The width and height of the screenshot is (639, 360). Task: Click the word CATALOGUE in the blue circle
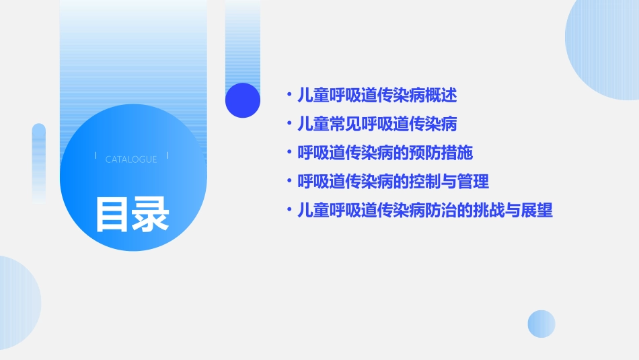[131, 159]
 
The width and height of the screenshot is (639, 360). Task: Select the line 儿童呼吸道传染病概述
[377, 95]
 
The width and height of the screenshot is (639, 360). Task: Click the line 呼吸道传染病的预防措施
[385, 153]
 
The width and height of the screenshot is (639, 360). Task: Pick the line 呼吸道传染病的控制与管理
[393, 182]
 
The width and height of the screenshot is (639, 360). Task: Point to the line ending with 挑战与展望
[425, 211]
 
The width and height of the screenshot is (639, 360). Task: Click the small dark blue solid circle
[243, 100]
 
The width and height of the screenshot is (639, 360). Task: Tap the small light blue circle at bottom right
[541, 324]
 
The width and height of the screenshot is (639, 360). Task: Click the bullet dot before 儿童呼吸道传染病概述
[289, 95]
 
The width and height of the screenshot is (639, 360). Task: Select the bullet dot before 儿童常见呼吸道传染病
[289, 124]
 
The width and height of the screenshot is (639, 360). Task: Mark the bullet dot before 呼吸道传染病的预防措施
[289, 153]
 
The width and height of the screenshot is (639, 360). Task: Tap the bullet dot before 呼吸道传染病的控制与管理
[289, 182]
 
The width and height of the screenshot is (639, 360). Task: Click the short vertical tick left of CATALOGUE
[96, 155]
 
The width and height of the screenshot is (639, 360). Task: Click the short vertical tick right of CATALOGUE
[167, 155]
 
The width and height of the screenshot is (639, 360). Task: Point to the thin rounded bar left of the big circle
[39, 161]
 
